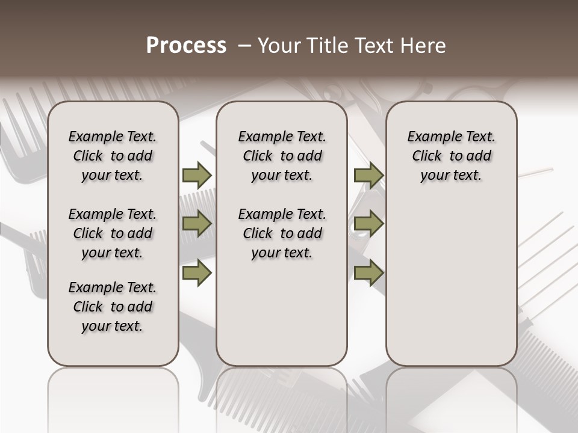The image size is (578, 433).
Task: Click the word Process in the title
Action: click(x=186, y=45)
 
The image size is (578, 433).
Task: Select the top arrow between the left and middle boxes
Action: click(x=197, y=175)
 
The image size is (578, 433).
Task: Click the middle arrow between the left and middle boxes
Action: click(x=197, y=224)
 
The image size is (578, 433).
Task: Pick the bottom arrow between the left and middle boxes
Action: click(x=197, y=273)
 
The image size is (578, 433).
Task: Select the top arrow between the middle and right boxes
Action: click(x=368, y=175)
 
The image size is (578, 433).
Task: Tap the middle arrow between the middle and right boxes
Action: click(x=368, y=224)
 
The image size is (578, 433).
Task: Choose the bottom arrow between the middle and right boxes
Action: click(x=368, y=273)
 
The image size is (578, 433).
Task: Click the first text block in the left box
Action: click(x=113, y=156)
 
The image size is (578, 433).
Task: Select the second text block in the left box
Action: click(x=113, y=233)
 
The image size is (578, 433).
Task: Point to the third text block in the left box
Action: click(x=113, y=307)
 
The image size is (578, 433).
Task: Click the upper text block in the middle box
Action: click(x=282, y=156)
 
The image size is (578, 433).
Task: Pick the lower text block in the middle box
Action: click(x=282, y=233)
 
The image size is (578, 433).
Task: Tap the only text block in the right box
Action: click(x=451, y=156)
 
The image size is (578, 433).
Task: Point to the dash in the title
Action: click(x=244, y=46)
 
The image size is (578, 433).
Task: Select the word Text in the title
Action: click(x=376, y=46)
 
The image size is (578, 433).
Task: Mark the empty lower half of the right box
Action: click(x=451, y=283)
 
